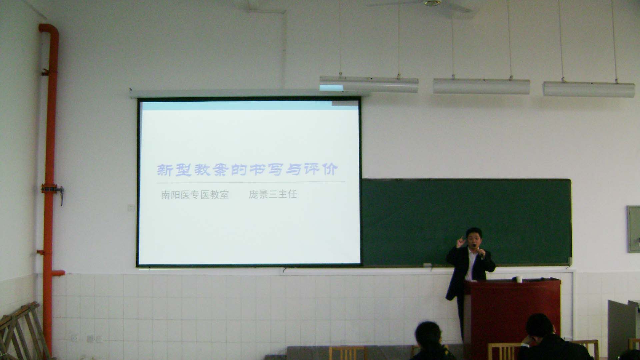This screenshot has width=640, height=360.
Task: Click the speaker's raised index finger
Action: point(462,239)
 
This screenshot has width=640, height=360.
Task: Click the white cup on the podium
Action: point(518,279)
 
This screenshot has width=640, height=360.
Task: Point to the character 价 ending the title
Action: point(330,169)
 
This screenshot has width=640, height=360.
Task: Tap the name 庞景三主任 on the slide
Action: point(273,194)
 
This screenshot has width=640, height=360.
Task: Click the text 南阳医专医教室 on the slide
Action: point(195,195)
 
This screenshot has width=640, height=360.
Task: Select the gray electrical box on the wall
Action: point(633,229)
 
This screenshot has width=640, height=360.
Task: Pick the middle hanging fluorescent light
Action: point(481,86)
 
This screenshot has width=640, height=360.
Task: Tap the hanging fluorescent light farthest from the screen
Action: point(589,89)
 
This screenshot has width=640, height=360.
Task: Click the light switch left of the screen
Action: point(131,208)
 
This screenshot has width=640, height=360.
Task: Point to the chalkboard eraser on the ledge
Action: point(427,265)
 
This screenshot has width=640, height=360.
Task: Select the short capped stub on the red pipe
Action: point(58,273)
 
